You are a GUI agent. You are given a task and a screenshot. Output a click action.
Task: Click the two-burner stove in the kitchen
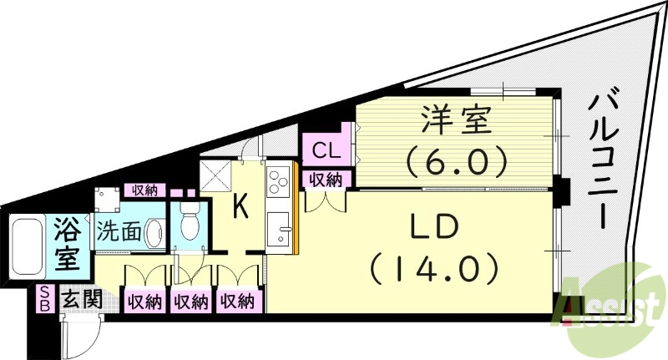(x=278, y=182)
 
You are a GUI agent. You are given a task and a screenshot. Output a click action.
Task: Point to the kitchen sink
(x=278, y=228)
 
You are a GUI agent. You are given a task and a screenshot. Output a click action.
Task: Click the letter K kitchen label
(x=241, y=206)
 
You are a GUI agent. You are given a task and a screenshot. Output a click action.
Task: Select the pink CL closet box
(x=327, y=150)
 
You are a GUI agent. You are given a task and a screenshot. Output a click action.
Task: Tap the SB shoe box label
(x=45, y=299)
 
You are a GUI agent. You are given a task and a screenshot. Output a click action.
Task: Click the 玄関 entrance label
(x=82, y=301)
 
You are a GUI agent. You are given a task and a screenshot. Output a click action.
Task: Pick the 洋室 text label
(x=455, y=120)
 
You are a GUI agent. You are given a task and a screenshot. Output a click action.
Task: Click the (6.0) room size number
(x=456, y=161)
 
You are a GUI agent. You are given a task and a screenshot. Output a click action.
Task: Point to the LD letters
(x=433, y=227)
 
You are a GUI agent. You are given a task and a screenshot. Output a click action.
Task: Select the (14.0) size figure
(x=433, y=270)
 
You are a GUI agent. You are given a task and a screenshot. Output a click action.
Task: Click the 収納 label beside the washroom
(x=144, y=190)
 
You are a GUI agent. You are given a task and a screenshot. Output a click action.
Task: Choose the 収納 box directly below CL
(x=326, y=180)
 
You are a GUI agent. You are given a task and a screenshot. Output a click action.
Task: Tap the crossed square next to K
(x=215, y=175)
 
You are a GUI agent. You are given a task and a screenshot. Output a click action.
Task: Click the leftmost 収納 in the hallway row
(x=144, y=302)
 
